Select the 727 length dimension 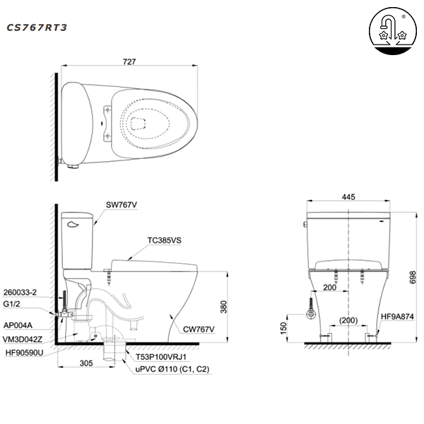129,62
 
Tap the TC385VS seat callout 165,241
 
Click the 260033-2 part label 20,290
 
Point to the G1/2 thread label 14,303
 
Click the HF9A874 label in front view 397,317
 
